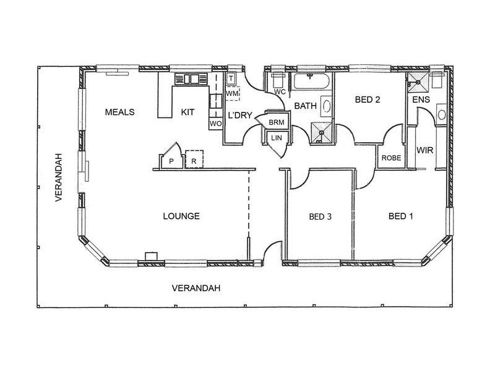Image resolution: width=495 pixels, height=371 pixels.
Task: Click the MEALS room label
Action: [119, 112]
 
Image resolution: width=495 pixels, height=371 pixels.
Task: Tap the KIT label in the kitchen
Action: [187, 112]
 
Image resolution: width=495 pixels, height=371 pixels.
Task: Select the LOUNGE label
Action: [181, 216]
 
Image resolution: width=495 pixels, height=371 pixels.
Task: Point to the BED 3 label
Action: [320, 216]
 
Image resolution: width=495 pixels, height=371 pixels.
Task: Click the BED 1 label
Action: [400, 216]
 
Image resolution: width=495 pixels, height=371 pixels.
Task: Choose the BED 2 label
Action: [368, 100]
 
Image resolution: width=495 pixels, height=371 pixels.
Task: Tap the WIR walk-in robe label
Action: [424, 150]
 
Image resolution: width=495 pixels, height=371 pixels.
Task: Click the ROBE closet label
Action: [391, 158]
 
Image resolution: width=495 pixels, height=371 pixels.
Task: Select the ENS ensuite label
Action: [421, 100]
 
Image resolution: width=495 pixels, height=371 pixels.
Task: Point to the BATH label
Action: [305, 106]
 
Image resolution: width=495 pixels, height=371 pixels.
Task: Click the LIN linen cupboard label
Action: [277, 138]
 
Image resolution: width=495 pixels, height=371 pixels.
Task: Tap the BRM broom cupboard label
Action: [277, 122]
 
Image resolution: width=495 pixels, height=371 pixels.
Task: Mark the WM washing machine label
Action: [232, 94]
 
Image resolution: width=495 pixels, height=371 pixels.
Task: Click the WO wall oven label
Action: [215, 124]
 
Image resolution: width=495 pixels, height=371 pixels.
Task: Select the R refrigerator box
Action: [194, 159]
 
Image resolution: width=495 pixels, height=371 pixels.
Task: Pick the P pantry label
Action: [171, 161]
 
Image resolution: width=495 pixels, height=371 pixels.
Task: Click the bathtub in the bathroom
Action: [312, 81]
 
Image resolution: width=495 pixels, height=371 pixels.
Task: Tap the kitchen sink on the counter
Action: [191, 79]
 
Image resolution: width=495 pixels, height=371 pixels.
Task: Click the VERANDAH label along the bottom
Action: [196, 288]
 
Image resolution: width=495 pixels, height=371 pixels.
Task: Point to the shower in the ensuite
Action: [418, 82]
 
